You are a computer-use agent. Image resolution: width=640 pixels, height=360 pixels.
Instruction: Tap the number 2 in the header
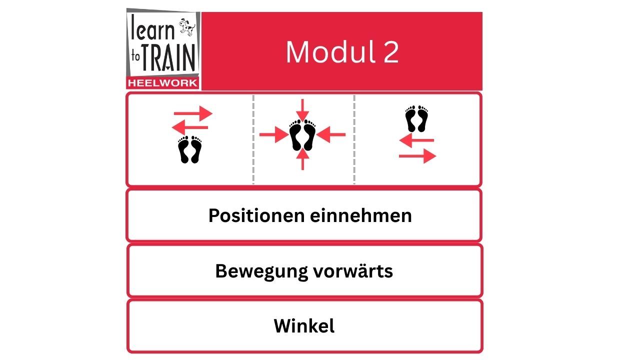[391, 52]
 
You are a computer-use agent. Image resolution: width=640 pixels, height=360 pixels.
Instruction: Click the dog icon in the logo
[186, 28]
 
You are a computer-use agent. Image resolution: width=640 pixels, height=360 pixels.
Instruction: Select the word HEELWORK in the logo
[162, 83]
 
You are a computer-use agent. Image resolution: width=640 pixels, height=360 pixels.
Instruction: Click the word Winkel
[304, 326]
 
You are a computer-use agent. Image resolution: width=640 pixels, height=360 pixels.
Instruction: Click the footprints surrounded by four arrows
[302, 135]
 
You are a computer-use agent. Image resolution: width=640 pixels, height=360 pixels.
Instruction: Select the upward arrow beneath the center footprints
[302, 160]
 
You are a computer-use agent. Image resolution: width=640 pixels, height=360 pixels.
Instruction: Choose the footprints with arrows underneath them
[417, 119]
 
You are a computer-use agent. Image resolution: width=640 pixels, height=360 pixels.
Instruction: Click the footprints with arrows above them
[190, 149]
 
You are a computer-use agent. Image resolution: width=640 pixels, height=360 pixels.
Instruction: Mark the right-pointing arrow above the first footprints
[193, 113]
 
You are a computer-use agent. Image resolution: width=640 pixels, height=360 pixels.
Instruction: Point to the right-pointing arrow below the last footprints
[417, 156]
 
